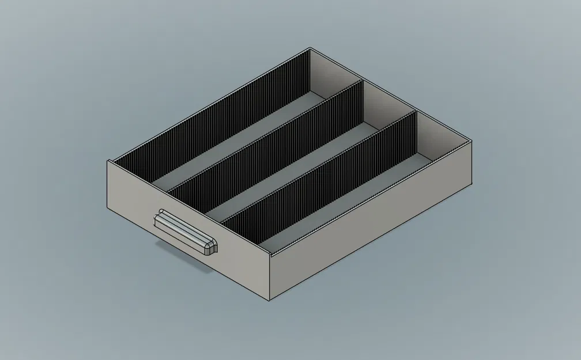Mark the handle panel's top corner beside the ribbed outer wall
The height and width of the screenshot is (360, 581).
[108, 160]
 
